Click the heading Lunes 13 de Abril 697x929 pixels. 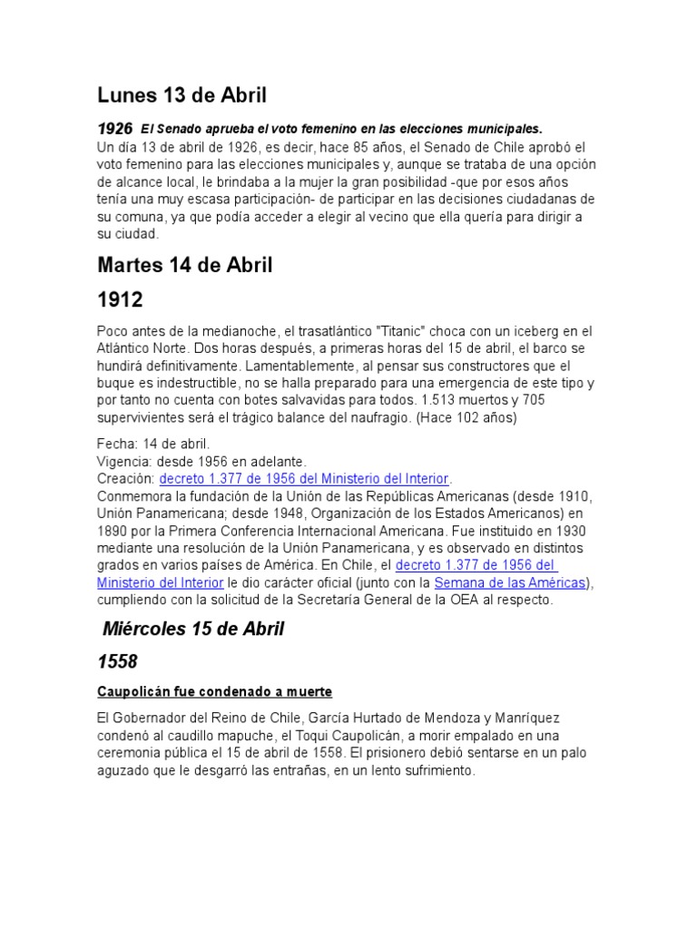click(x=182, y=94)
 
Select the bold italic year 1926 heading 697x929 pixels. click(x=114, y=129)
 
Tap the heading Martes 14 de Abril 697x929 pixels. click(x=185, y=266)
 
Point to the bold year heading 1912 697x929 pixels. click(x=120, y=299)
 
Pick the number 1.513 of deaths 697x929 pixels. click(x=430, y=400)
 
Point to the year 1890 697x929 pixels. click(x=113, y=531)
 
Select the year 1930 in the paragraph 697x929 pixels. click(x=565, y=531)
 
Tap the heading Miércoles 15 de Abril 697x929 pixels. click(x=193, y=629)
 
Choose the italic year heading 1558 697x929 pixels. click(x=117, y=663)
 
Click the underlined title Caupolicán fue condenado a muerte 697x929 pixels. click(x=214, y=692)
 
